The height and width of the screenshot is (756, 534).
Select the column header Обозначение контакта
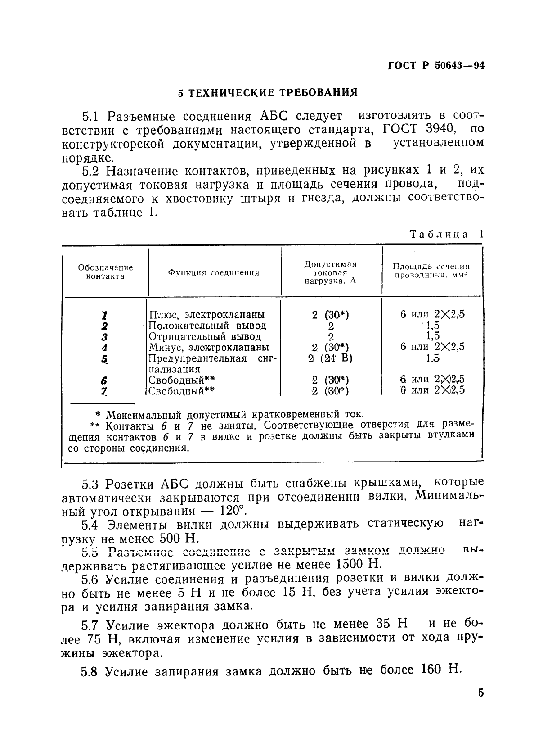click(105, 272)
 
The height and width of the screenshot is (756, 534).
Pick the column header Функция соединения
click(214, 272)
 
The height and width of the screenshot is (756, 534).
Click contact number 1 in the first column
click(104, 315)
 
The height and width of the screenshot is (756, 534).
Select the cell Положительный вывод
click(207, 326)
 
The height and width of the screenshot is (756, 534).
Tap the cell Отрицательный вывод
click(205, 336)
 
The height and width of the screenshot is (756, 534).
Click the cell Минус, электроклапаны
click(209, 347)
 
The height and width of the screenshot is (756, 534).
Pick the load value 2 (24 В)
click(331, 358)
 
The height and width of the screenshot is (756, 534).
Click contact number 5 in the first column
click(104, 359)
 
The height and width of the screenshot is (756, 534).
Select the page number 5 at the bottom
click(480, 693)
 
